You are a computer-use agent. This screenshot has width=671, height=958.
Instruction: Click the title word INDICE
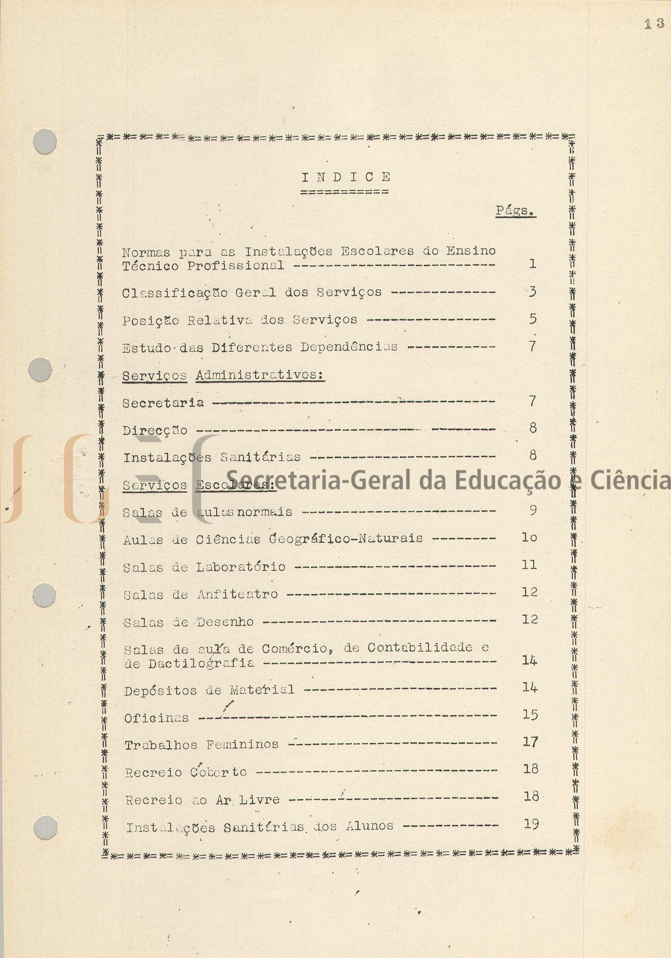point(346,177)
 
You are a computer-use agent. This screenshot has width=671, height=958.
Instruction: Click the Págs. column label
point(515,211)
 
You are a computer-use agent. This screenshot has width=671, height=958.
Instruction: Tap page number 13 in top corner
point(654,25)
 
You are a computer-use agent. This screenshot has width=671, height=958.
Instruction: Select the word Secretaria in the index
point(163,403)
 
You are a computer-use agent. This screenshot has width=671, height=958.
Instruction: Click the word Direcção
point(155,430)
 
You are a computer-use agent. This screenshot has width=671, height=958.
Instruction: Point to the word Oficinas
point(157,718)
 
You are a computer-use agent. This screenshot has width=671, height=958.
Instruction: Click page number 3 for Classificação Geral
point(533,292)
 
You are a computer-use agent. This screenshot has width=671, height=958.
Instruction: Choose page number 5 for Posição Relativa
point(533,319)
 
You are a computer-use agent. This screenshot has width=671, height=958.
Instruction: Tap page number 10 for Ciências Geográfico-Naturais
point(529,537)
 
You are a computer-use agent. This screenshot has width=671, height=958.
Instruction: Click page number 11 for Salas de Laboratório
point(529,565)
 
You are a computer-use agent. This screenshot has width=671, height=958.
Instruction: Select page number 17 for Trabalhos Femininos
point(530,742)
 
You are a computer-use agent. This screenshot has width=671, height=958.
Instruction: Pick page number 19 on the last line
point(531,824)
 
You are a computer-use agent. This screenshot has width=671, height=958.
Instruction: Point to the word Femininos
point(242,745)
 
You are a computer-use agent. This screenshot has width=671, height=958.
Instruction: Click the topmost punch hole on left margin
point(45,141)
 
